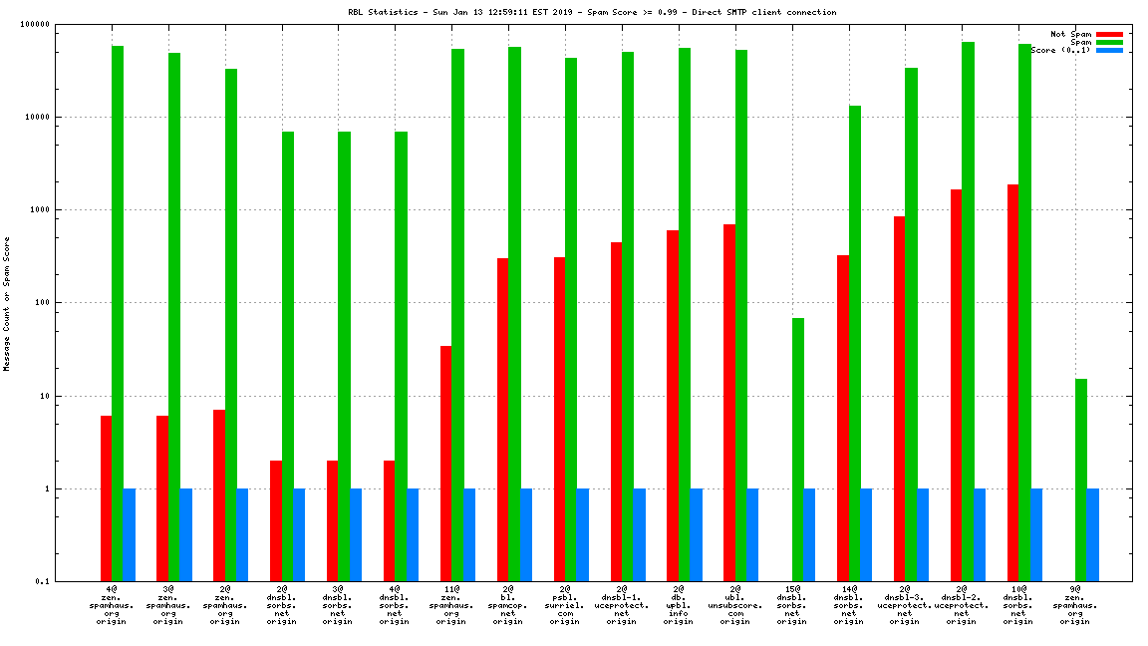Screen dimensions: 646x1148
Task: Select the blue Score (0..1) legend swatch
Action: click(x=1109, y=50)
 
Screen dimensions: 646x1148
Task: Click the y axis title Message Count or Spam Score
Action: click(x=7, y=303)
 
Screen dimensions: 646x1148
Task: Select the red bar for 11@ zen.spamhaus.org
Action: click(x=446, y=464)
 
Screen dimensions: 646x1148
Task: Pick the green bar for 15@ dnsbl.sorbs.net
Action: click(x=798, y=450)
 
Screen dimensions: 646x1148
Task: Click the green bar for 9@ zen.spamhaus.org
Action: click(x=1081, y=480)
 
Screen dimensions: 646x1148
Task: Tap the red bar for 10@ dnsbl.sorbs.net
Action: click(x=1013, y=383)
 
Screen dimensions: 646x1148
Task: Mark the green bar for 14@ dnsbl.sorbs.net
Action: click(x=855, y=343)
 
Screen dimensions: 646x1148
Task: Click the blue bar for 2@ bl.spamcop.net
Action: click(x=526, y=534)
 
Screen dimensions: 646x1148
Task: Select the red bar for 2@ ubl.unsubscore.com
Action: click(x=729, y=403)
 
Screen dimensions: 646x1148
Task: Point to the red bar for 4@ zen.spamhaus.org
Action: click(x=106, y=498)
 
